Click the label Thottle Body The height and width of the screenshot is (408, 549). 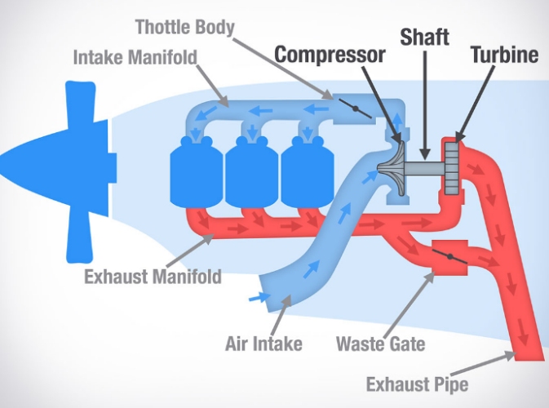pyautogui.click(x=185, y=28)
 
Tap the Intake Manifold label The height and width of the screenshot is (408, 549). pyautogui.click(x=136, y=59)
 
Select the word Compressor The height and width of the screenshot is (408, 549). pyautogui.click(x=329, y=55)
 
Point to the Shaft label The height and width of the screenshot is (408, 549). pyautogui.click(x=424, y=38)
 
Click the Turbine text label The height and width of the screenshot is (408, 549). pyautogui.click(x=504, y=55)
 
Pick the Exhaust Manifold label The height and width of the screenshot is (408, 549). pyautogui.click(x=153, y=276)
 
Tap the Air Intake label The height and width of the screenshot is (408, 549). pyautogui.click(x=263, y=343)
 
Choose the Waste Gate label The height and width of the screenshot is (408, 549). pyautogui.click(x=380, y=343)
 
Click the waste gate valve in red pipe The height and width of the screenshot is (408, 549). pyautogui.click(x=449, y=259)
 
